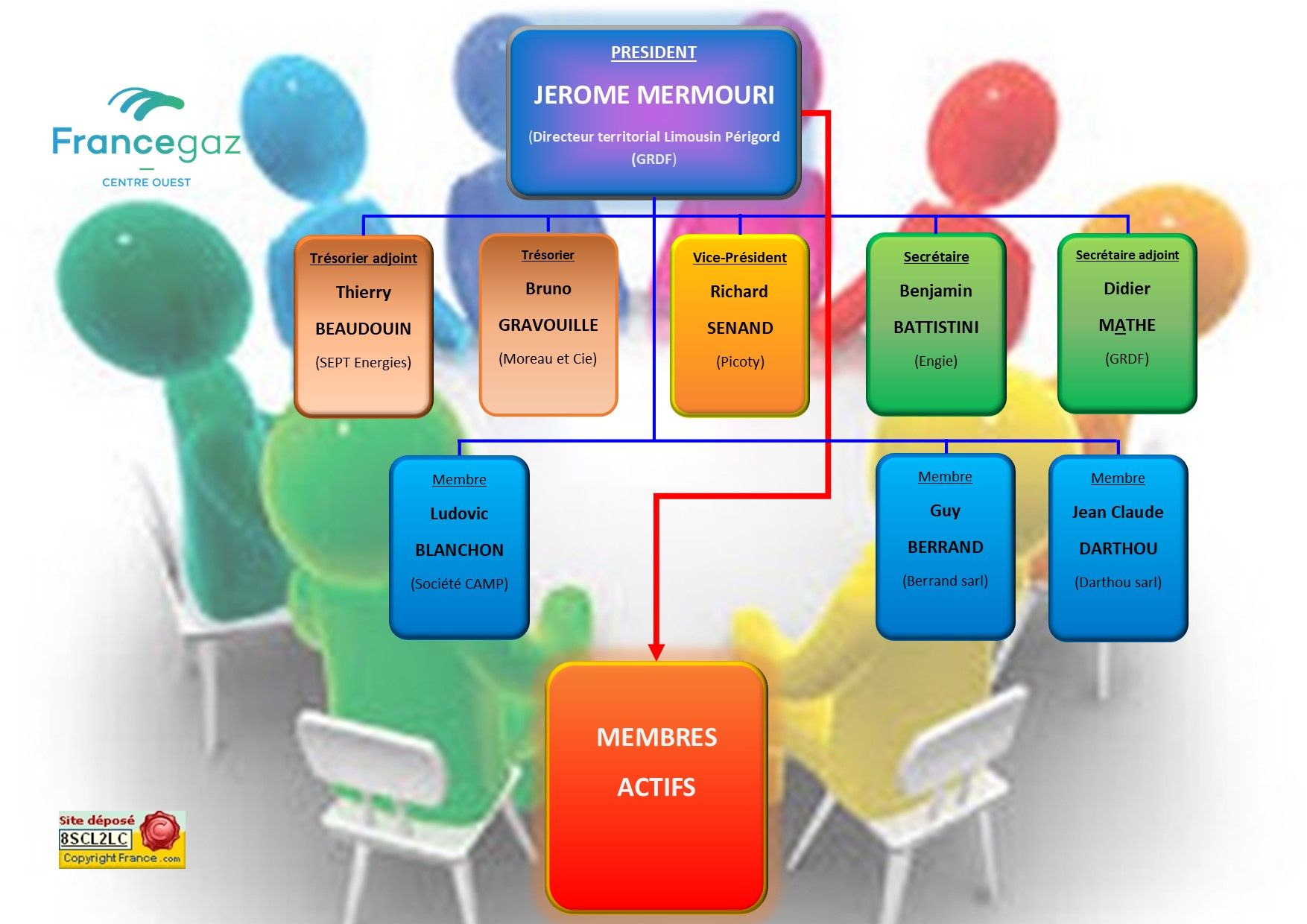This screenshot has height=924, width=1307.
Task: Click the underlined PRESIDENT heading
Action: point(653,53)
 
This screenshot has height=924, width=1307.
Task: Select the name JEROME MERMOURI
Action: point(653,95)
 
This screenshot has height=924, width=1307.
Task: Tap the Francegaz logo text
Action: point(146,142)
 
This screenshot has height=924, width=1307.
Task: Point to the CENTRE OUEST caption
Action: point(146,183)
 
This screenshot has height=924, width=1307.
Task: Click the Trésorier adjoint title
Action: point(363,259)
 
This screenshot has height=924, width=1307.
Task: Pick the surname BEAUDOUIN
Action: point(363,329)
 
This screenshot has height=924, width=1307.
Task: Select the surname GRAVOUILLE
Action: point(548,325)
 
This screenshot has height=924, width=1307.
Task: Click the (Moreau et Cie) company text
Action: point(548,359)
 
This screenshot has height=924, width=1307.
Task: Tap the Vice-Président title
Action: point(739,258)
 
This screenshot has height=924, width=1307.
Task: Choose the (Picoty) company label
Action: point(740,362)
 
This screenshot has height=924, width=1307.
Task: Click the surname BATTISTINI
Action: point(936,327)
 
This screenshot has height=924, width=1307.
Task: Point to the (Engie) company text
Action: point(936,361)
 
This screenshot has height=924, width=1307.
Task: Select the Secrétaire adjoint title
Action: point(1127,256)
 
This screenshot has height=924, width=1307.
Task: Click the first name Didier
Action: point(1127,289)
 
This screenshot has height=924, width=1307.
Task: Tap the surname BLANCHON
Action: point(459,550)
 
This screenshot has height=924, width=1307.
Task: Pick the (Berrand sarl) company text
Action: point(945,581)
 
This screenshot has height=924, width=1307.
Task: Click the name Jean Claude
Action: point(1118,513)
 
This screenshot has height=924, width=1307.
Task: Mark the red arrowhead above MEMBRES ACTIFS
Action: point(656,652)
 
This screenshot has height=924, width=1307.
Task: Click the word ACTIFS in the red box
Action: point(656,788)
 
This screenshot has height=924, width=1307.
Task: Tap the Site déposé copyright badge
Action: point(121,840)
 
